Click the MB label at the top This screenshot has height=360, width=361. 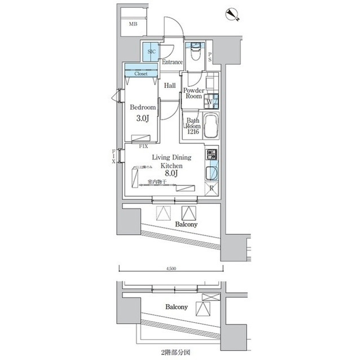(x=133, y=24)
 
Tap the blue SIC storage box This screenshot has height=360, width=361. (x=151, y=52)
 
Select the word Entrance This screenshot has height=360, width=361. (x=172, y=62)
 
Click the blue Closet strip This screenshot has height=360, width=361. (x=141, y=73)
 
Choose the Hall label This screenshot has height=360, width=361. (x=170, y=86)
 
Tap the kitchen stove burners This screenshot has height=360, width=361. (x=212, y=154)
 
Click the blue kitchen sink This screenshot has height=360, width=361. (x=212, y=172)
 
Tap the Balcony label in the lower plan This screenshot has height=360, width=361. (x=177, y=308)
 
